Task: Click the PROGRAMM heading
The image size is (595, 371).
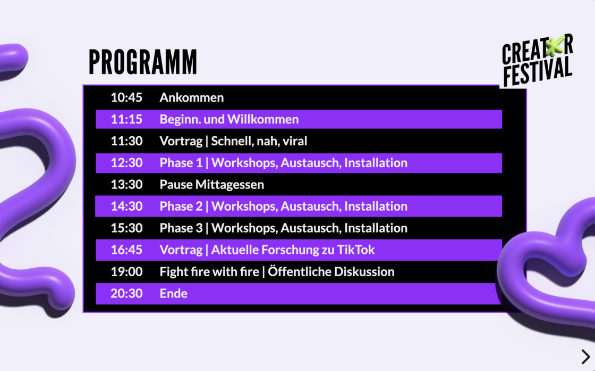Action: [143, 62]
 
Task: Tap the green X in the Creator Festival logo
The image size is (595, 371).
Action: [555, 47]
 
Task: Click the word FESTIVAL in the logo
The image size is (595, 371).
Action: [538, 72]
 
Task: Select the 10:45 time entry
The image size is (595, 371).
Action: [126, 98]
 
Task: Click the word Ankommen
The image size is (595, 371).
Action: [192, 98]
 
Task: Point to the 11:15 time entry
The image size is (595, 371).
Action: [126, 119]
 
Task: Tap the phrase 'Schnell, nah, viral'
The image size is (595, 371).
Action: [259, 141]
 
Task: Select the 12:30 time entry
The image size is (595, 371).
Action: [126, 163]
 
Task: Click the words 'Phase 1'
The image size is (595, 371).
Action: [181, 163]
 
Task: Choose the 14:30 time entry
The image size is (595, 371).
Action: [126, 207]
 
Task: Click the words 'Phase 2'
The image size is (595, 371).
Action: [181, 207]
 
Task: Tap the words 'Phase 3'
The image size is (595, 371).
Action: [181, 228]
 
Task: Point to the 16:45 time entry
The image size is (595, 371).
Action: [126, 250]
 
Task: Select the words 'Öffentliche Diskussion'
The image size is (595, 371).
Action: [331, 271]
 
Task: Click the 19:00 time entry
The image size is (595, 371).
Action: [126, 272]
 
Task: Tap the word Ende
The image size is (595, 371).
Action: [173, 293]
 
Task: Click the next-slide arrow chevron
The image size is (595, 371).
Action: [585, 357]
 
